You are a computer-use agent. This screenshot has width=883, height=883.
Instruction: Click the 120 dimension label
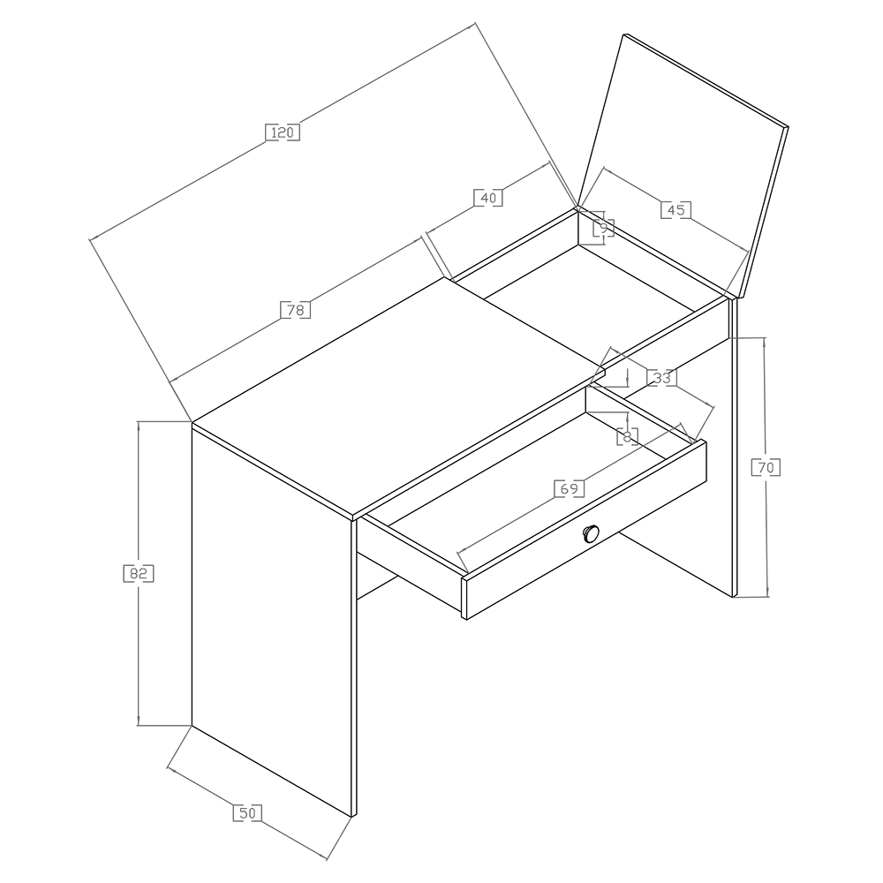(283, 132)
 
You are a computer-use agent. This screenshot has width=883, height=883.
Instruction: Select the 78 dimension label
(296, 310)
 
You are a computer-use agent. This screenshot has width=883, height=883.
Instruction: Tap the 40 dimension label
(488, 198)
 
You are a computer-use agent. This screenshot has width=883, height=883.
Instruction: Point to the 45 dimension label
(675, 209)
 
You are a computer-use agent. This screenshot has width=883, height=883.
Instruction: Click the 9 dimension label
(604, 228)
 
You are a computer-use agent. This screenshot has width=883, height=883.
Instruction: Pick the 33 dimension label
(661, 377)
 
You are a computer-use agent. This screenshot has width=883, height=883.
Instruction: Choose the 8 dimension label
(628, 435)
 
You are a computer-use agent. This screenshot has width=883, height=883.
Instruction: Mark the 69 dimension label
(570, 488)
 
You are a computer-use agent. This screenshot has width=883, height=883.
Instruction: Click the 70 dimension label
(766, 467)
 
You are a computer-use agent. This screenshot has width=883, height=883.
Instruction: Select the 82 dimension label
(139, 573)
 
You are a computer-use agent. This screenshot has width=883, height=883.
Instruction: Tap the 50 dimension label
(248, 813)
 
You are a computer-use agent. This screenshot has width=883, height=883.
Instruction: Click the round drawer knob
(591, 532)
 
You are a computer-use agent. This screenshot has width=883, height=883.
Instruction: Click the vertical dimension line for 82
(139, 573)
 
